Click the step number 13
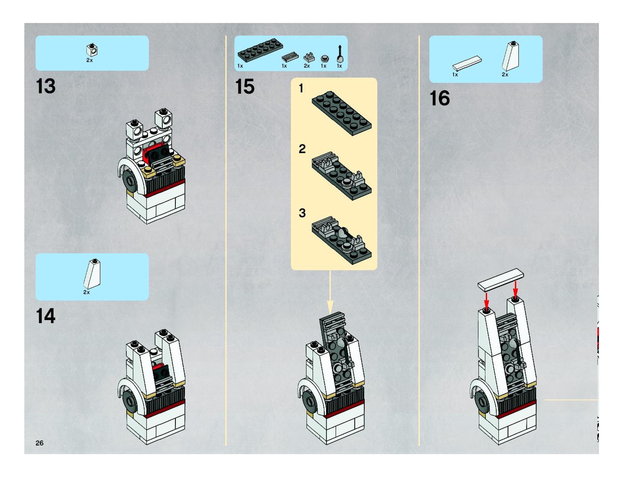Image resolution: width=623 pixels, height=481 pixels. point(46,86)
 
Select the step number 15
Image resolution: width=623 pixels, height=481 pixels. point(245,87)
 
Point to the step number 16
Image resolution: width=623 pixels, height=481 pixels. point(440,98)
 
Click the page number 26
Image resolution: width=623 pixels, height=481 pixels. point(40,443)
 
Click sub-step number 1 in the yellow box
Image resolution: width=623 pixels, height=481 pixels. point(301,88)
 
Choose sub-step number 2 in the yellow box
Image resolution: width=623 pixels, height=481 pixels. point(302,149)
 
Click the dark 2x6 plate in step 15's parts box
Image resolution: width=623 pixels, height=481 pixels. point(260,50)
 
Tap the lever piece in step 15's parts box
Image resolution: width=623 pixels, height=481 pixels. point(340,54)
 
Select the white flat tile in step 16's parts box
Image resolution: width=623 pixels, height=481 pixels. point(467,63)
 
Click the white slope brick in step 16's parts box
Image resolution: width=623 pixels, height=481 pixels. point(511,56)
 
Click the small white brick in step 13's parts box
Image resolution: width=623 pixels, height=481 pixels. point(92,51)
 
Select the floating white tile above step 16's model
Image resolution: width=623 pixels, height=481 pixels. point(501,280)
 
